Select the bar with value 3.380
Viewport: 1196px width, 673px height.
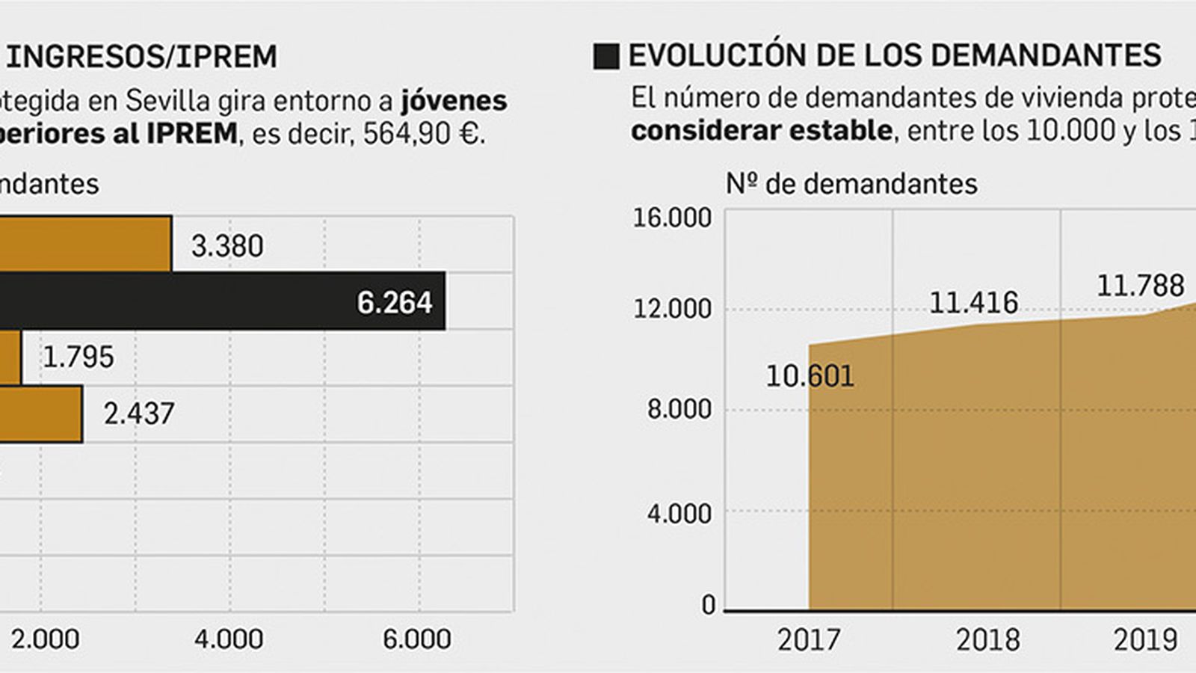(85, 245)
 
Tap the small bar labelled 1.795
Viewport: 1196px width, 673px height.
(10, 357)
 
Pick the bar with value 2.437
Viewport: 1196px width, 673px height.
(40, 414)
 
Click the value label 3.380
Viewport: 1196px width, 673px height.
(227, 246)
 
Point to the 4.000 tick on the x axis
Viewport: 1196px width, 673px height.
(229, 639)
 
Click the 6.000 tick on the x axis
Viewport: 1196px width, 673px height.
(417, 639)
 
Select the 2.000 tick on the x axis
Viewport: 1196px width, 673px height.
(45, 639)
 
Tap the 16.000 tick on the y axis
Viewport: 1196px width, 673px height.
(672, 218)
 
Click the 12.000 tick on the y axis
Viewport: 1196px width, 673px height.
(672, 308)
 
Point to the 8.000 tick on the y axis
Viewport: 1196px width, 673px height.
(679, 410)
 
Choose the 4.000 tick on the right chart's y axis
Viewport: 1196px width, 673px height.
(679, 514)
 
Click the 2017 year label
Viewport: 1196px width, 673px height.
(808, 640)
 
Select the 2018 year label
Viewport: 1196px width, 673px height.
(987, 640)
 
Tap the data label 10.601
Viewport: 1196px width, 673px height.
(810, 376)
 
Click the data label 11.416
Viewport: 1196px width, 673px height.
(973, 303)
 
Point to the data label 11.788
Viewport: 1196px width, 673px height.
(1140, 286)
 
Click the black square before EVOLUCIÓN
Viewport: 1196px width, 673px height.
(606, 57)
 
